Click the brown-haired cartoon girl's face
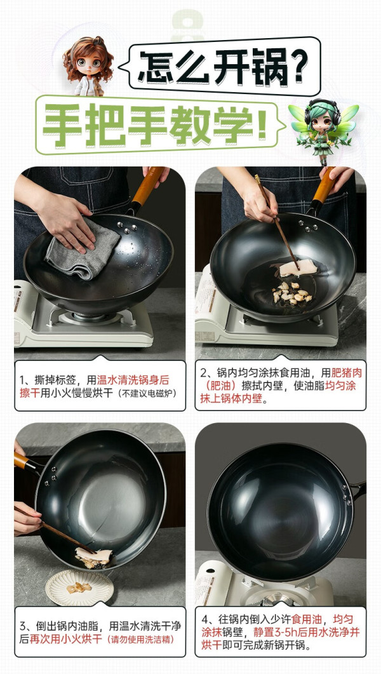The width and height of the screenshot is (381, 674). point(89,64)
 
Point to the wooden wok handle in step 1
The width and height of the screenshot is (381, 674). point(146,189)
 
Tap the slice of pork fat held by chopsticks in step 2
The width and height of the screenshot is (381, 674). point(298,268)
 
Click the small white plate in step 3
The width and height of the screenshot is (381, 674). point(79,587)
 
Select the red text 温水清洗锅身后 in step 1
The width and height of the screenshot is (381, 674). point(133,381)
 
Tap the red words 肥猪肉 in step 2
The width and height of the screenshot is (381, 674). point(347,373)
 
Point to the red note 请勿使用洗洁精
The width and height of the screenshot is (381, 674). point(142,639)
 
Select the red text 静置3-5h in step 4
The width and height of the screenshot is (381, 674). point(280,632)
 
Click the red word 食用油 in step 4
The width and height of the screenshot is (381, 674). point(307,619)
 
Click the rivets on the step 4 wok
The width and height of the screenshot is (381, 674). point(345,493)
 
